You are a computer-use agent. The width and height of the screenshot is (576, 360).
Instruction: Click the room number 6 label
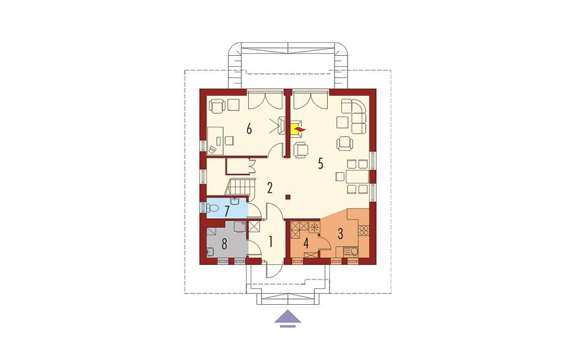click(249, 129)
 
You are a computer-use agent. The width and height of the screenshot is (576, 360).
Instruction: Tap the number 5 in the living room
click(320, 164)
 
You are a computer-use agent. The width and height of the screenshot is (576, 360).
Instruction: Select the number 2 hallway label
click(270, 188)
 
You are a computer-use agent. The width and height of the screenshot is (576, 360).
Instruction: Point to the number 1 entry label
click(271, 242)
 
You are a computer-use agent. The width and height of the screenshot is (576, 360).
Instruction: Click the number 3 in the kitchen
click(340, 233)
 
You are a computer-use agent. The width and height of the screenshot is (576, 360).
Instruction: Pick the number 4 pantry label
click(306, 243)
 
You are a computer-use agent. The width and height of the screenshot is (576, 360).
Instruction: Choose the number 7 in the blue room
click(227, 211)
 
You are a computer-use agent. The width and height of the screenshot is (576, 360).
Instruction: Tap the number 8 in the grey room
click(224, 243)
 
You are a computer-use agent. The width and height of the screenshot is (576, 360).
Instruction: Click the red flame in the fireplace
click(298, 129)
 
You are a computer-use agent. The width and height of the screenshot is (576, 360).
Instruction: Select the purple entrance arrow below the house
click(288, 318)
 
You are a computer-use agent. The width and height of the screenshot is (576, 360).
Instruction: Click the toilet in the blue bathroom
click(212, 209)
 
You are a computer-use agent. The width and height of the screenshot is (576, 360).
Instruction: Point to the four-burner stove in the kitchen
click(363, 231)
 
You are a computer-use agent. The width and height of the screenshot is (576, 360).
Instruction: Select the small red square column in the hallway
click(289, 197)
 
